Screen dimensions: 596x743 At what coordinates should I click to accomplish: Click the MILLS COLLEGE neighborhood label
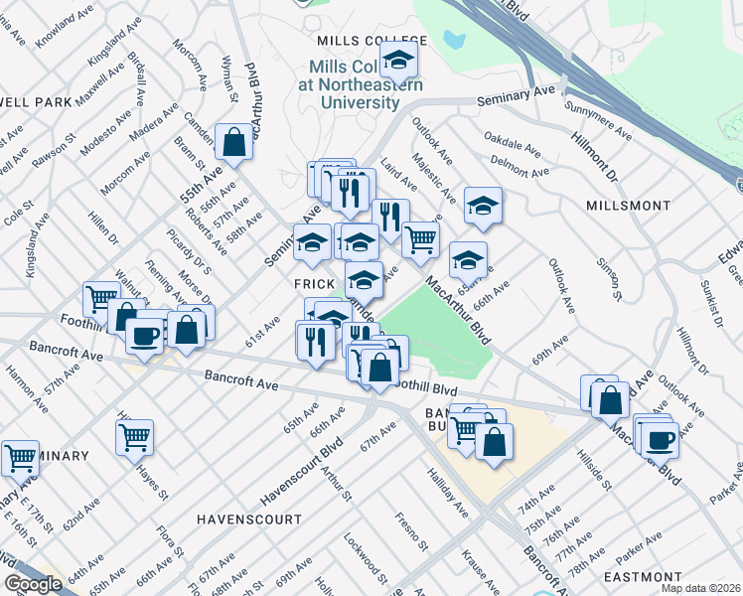[371, 41]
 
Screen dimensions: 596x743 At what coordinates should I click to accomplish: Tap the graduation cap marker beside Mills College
[398, 61]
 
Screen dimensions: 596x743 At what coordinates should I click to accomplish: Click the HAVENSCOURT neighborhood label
[248, 520]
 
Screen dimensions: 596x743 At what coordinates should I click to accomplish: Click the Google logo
[33, 584]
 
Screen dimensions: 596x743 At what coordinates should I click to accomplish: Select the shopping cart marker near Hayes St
[134, 436]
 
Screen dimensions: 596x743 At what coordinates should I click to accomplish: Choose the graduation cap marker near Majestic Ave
[483, 207]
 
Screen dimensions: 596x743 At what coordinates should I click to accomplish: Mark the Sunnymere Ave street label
[597, 119]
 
